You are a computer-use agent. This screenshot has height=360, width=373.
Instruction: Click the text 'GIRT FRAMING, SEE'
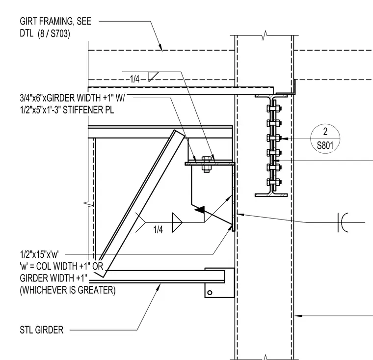pos(55,21)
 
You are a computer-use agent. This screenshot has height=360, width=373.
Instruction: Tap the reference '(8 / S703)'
pos(54,33)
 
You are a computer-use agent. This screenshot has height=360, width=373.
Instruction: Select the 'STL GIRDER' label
pos(42,330)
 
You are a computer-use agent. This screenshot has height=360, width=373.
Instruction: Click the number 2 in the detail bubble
pos(325,131)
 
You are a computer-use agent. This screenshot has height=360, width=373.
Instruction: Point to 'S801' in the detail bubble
pos(325,145)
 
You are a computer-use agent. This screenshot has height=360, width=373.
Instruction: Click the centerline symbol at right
pos(343,222)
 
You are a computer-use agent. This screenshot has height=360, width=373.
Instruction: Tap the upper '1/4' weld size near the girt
pos(134,79)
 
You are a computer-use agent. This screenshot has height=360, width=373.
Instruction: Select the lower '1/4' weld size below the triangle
pos(158,230)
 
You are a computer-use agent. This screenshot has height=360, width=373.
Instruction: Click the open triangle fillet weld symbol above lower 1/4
pos(177,222)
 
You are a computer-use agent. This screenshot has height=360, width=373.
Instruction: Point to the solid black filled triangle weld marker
pos(200,209)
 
